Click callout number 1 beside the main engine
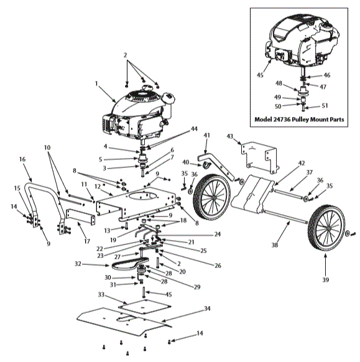click(x=97, y=83)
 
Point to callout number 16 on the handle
click(x=22, y=159)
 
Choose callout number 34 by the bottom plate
click(x=208, y=309)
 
